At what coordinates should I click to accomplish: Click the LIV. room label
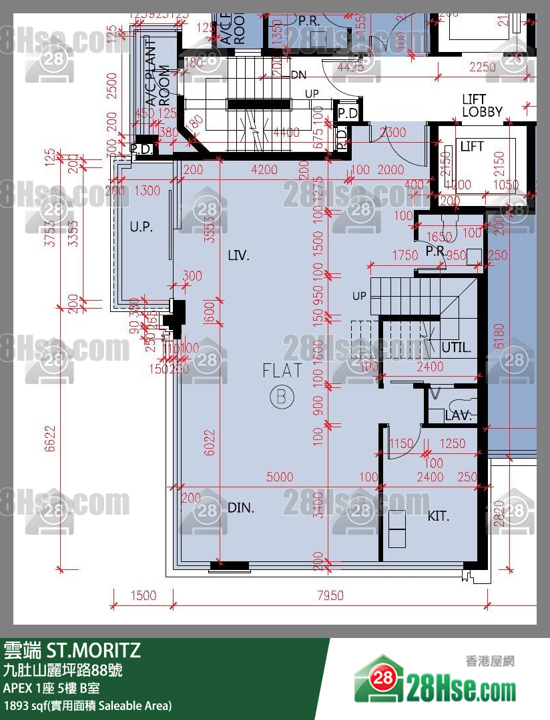pyautogui.click(x=238, y=255)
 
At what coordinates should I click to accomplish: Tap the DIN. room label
pyautogui.click(x=241, y=508)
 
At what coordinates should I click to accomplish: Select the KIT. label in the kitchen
pyautogui.click(x=439, y=516)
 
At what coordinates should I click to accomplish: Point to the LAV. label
pyautogui.click(x=459, y=416)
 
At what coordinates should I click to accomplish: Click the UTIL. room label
pyautogui.click(x=457, y=347)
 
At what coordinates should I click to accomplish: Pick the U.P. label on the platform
pyautogui.click(x=142, y=227)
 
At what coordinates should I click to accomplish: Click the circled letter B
pyautogui.click(x=282, y=397)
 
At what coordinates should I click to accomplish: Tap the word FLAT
pyautogui.click(x=282, y=371)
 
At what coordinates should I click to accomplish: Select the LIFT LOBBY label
pyautogui.click(x=482, y=106)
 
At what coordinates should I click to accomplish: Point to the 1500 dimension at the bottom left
pyautogui.click(x=143, y=595)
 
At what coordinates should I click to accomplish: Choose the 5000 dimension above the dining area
pyautogui.click(x=280, y=477)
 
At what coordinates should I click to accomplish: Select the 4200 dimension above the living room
pyautogui.click(x=264, y=170)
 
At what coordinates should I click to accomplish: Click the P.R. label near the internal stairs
pyautogui.click(x=436, y=252)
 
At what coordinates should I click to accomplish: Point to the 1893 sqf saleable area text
pyautogui.click(x=87, y=705)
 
